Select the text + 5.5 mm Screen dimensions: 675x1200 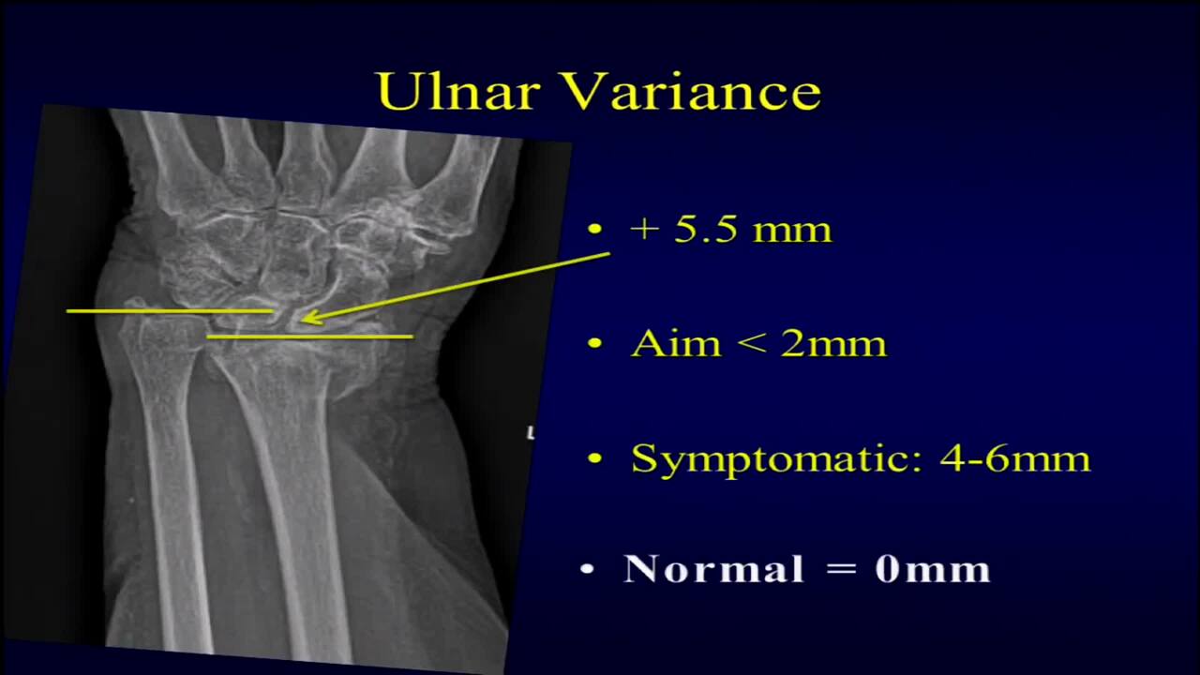[731, 230]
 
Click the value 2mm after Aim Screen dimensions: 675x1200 [833, 343]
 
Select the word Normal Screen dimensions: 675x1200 [713, 569]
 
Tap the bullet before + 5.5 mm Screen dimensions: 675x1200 [594, 228]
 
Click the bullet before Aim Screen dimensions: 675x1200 [594, 343]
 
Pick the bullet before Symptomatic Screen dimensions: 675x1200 [594, 458]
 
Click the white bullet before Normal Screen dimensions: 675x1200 [588, 569]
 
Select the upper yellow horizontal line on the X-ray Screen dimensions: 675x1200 [169, 310]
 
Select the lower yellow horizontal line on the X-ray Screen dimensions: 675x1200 [309, 336]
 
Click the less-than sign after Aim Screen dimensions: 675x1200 [752, 343]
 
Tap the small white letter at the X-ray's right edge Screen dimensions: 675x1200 [531, 433]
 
